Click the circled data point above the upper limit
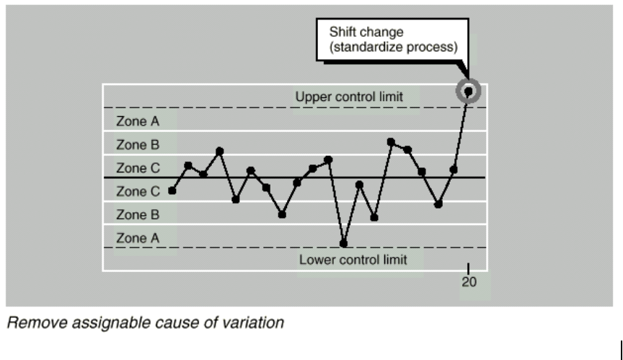(x=469, y=92)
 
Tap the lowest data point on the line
(x=343, y=243)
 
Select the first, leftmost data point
(x=172, y=190)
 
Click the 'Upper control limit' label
(x=348, y=95)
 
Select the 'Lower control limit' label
(x=353, y=259)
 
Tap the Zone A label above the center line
(x=138, y=120)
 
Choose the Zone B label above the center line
(x=138, y=144)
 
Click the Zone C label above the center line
(x=138, y=168)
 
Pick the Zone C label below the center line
(x=138, y=191)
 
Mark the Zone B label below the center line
(x=138, y=214)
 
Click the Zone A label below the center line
(x=138, y=237)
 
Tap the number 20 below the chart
(x=469, y=283)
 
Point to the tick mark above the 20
(x=469, y=268)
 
